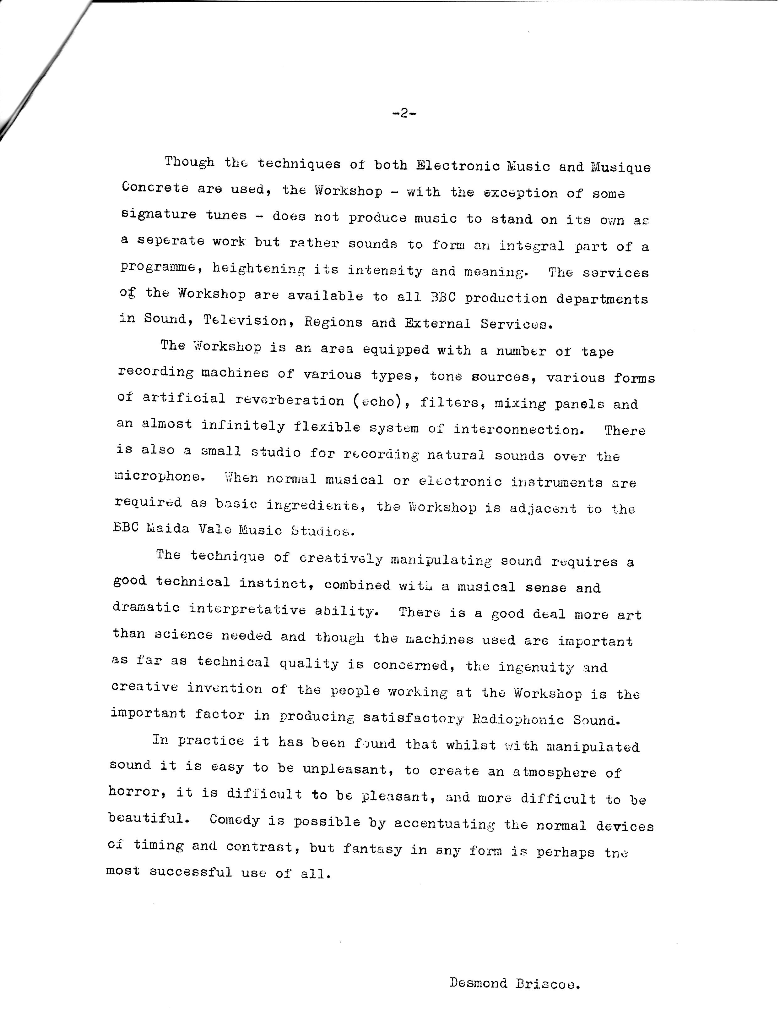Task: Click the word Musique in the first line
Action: click(621, 167)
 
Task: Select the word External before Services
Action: click(437, 323)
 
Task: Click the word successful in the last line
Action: click(191, 872)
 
